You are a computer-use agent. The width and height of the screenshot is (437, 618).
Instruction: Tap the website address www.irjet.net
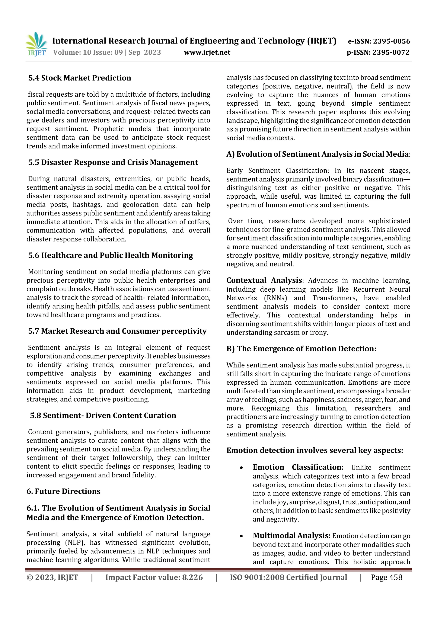tap(207, 52)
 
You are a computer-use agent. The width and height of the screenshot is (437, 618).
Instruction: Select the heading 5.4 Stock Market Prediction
tap(80, 78)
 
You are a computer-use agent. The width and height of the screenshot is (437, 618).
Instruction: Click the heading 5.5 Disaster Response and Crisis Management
tap(113, 162)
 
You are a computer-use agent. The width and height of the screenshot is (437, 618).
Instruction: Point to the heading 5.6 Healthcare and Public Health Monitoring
tap(111, 255)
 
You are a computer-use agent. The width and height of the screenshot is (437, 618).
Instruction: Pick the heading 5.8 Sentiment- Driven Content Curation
tap(103, 415)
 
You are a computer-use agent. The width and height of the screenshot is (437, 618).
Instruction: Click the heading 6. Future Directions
tap(64, 491)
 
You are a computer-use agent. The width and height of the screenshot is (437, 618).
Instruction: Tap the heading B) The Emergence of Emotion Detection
tap(301, 349)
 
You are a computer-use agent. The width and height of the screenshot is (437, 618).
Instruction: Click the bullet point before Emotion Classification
tap(241, 468)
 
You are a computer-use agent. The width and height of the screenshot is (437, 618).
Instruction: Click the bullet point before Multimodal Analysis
tap(241, 536)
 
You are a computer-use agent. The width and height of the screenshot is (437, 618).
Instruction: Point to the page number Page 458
tap(386, 577)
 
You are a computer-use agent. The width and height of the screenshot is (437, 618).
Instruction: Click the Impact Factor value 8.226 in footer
tap(192, 577)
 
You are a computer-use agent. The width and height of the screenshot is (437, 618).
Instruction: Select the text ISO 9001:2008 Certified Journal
tap(288, 577)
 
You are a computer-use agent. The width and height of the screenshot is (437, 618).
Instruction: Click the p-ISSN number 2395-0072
tap(391, 52)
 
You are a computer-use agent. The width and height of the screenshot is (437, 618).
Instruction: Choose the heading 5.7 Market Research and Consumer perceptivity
tap(117, 331)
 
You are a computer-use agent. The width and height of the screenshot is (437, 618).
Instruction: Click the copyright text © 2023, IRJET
tap(52, 577)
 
